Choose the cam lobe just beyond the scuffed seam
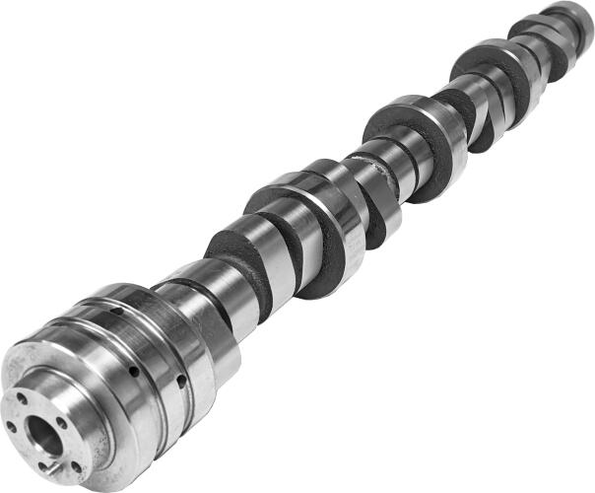404,128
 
